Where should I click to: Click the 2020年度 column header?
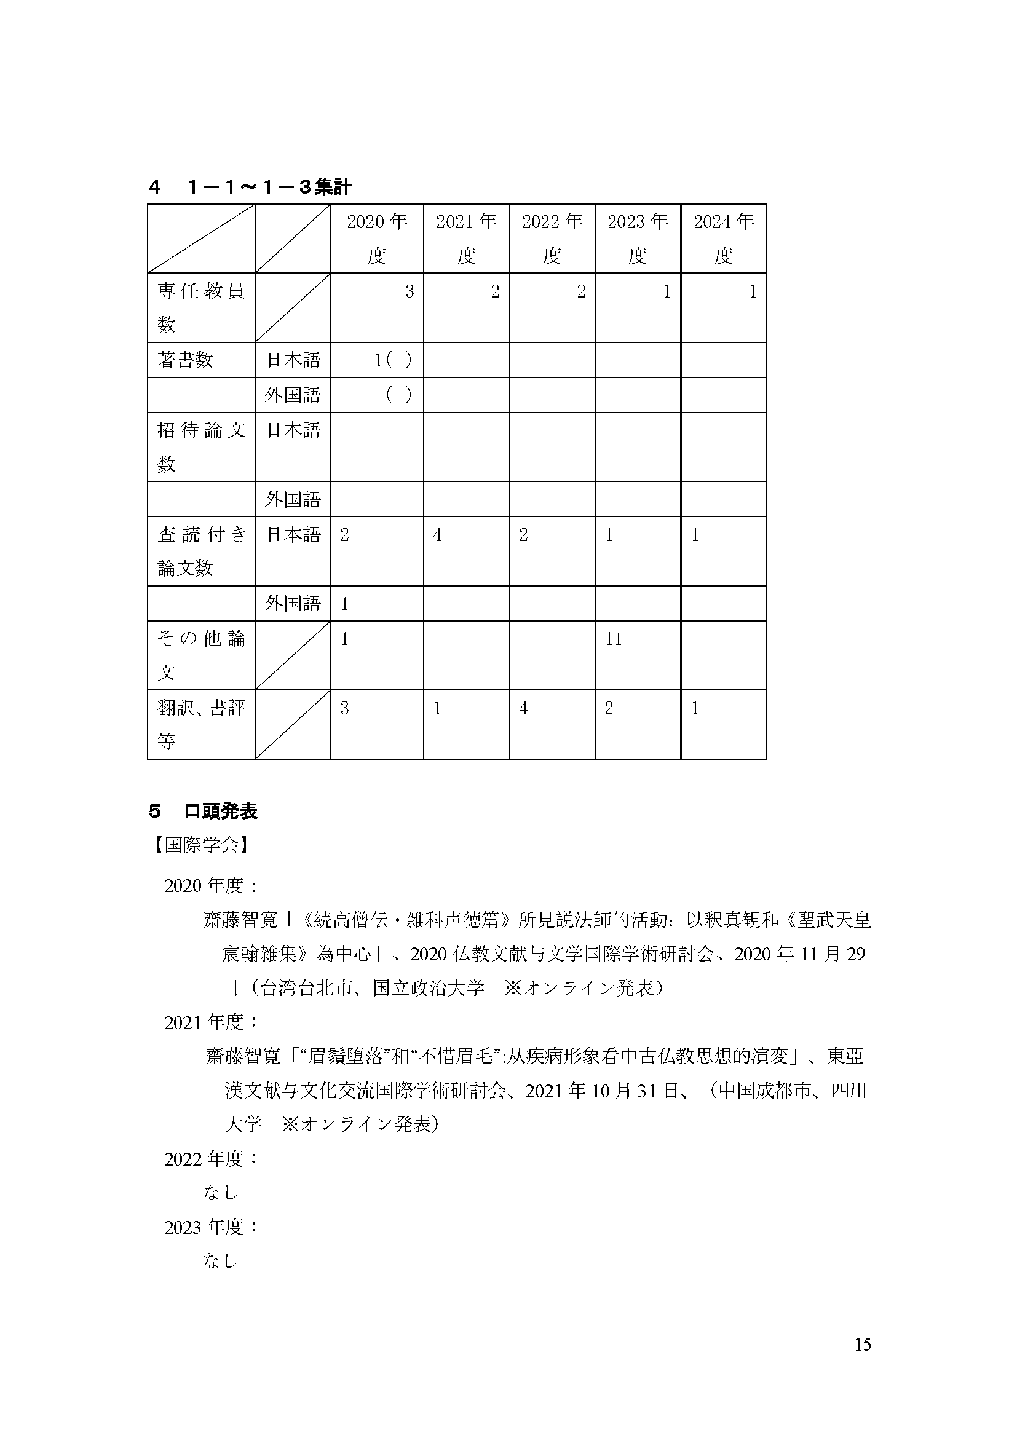377,239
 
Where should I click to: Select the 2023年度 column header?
638,239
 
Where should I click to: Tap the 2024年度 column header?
723,239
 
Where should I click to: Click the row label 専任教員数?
200,307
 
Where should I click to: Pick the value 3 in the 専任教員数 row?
410,292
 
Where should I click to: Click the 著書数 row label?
185,360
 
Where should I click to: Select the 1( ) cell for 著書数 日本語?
393,360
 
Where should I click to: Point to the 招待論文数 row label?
200,446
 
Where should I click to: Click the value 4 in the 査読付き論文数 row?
437,535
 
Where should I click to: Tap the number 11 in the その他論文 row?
614,639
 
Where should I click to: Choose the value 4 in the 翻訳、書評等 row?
523,709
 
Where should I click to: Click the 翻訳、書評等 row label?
200,725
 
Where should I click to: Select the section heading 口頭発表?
221,812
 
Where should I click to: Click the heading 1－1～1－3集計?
269,187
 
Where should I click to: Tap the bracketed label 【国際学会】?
200,845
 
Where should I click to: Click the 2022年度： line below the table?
211,1159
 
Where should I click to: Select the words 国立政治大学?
429,989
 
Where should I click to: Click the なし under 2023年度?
221,1261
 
